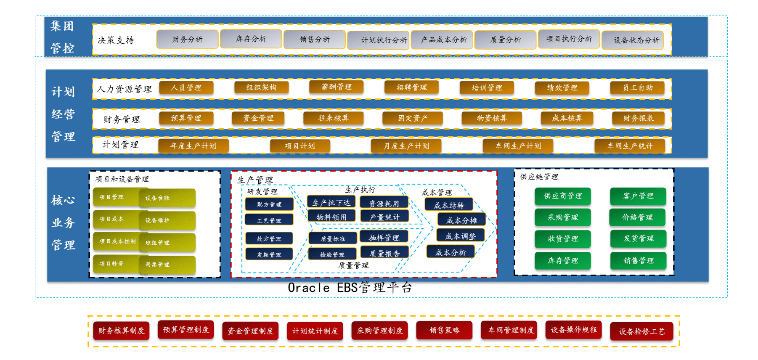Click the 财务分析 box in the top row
tap(187, 40)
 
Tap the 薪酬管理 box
tap(336, 87)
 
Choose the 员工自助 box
tap(637, 88)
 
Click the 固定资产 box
tap(412, 118)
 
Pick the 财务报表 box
tap(638, 118)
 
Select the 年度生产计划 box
tap(193, 146)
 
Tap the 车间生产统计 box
tap(630, 146)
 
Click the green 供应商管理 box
tap(562, 196)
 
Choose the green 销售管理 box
tap(638, 261)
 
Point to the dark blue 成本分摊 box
tap(461, 220)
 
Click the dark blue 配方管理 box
tap(269, 204)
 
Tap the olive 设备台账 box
tap(168, 198)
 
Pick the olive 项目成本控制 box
tap(117, 241)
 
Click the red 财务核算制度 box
tap(121, 331)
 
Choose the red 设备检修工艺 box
tap(641, 331)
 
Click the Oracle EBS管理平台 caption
tap(350, 288)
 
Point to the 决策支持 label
tap(116, 40)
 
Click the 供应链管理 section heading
tap(539, 177)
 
